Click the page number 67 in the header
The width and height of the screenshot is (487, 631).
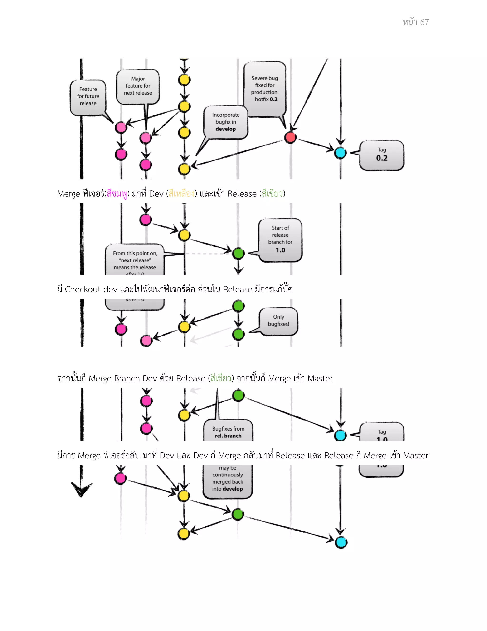[424, 22]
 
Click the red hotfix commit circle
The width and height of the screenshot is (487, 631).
[290, 138]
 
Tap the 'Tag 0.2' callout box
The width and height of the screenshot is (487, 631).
[381, 155]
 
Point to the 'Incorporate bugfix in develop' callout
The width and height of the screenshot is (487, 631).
[226, 122]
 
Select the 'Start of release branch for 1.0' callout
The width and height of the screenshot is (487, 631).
[280, 240]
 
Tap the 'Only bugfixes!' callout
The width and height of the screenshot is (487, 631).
[278, 321]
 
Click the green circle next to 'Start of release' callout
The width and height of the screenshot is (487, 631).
[238, 253]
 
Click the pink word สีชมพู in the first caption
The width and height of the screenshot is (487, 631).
[117, 194]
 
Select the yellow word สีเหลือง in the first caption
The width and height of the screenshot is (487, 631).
[181, 194]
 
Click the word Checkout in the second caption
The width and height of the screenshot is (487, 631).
[83, 289]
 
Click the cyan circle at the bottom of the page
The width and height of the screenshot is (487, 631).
[341, 542]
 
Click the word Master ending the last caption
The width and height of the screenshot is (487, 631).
[415, 456]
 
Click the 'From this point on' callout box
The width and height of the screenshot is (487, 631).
[135, 260]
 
